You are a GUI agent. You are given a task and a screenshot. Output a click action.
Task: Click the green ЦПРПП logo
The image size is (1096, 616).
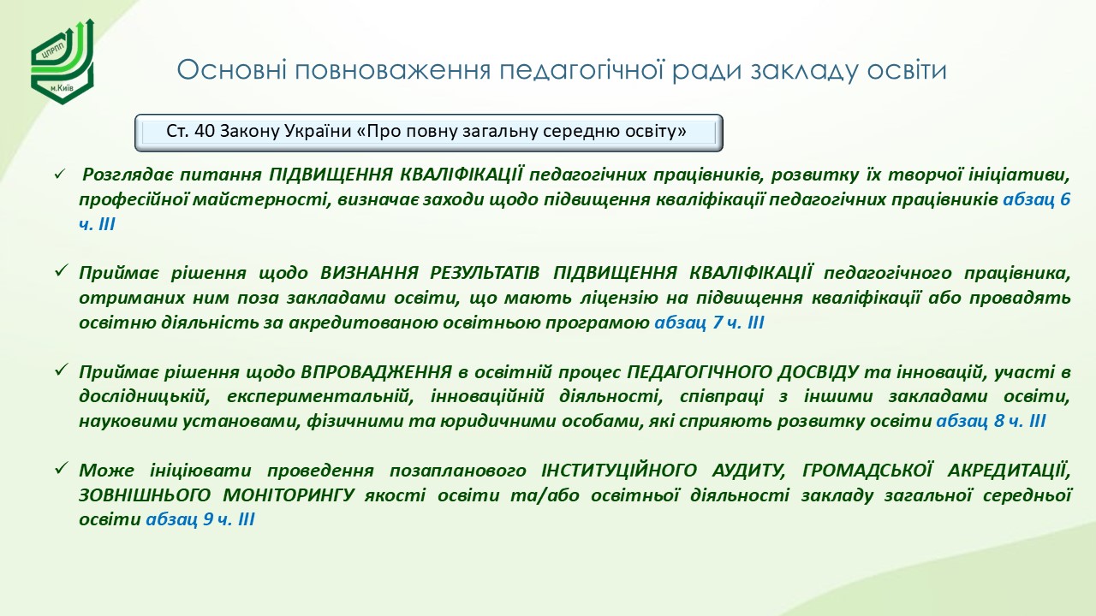[x=62, y=62]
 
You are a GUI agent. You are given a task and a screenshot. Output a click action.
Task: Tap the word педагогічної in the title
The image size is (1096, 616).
[x=581, y=71]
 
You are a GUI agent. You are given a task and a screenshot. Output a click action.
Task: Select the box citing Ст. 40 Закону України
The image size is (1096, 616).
[x=429, y=133]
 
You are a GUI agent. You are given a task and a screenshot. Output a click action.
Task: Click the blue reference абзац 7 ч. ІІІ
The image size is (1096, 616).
[x=709, y=323]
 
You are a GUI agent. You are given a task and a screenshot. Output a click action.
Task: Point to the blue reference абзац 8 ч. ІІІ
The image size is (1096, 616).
[x=991, y=421]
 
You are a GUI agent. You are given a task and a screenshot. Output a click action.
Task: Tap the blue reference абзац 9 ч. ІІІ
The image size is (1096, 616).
[x=200, y=519]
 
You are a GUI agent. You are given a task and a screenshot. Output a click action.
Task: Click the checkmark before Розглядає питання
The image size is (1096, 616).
[x=60, y=175]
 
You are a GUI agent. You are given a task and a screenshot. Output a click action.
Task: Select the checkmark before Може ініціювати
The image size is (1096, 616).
[x=61, y=469]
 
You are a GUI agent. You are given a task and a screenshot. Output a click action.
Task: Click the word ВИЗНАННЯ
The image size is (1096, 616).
[x=369, y=273]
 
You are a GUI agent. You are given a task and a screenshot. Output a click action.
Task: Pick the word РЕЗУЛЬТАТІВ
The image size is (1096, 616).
[x=485, y=273]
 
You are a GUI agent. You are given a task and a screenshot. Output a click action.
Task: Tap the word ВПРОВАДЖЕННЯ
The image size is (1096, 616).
[x=376, y=372]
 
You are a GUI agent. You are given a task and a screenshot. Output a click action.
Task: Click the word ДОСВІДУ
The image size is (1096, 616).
[x=818, y=372]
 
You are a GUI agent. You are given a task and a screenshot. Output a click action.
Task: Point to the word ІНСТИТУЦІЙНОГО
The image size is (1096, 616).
[x=619, y=471]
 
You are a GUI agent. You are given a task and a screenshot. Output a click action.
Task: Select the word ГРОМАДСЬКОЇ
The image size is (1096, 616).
[x=867, y=471]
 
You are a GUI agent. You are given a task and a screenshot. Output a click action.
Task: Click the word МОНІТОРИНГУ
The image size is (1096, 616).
[x=289, y=495]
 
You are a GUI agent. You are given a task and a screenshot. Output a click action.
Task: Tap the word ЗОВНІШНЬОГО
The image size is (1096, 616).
[x=145, y=495]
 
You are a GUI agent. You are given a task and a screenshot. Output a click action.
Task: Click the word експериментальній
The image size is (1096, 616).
[x=320, y=396]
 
